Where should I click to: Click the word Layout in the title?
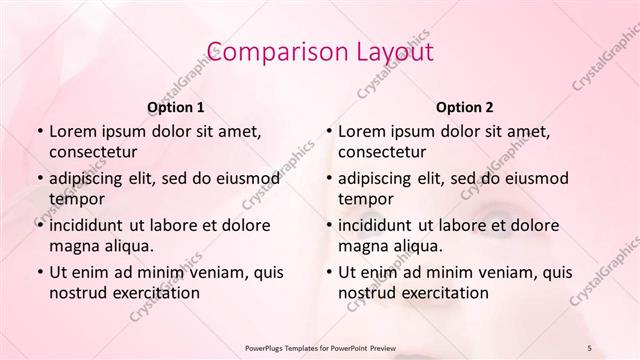pyautogui.click(x=387, y=52)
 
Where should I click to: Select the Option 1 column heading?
pyautogui.click(x=176, y=107)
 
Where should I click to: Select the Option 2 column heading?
pyautogui.click(x=465, y=107)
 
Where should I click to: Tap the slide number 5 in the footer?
pyautogui.click(x=590, y=346)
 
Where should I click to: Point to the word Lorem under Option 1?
pyautogui.click(x=73, y=131)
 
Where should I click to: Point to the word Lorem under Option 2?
pyautogui.click(x=362, y=131)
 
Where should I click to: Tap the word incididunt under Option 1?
pyautogui.click(x=90, y=225)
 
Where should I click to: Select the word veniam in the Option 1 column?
pyautogui.click(x=211, y=272)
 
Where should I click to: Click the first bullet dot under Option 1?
pyautogui.click(x=39, y=132)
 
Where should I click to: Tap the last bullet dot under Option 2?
pyautogui.click(x=328, y=272)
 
